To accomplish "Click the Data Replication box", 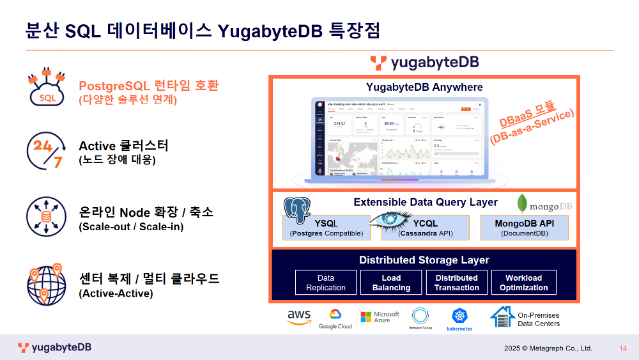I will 326,283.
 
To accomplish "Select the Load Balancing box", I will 391,283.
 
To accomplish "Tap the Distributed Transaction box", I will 456,283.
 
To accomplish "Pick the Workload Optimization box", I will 523,283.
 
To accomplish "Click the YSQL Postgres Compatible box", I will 327,228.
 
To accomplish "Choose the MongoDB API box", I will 524,228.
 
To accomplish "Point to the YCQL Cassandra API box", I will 426,228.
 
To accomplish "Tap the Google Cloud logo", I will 335,318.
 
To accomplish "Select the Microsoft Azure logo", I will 379,317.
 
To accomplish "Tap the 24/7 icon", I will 45,152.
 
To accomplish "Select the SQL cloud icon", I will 46,90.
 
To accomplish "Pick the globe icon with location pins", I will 45,283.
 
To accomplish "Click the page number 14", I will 623,348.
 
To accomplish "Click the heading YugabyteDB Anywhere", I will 424,87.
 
